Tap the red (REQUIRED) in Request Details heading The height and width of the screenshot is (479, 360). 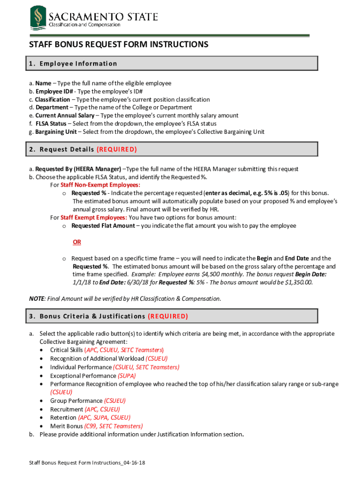[x=116, y=150]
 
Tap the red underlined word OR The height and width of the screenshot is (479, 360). [x=77, y=242]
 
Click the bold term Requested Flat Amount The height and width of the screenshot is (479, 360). [x=103, y=226]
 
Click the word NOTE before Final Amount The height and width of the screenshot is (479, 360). [x=37, y=298]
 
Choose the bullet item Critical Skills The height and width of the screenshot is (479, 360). [x=66, y=350]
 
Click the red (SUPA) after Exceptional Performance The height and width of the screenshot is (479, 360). [x=127, y=376]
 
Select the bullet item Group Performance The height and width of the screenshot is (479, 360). [x=76, y=401]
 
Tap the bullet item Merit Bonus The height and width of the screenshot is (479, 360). [x=66, y=426]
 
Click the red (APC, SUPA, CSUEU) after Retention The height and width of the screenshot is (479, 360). [x=104, y=418]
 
